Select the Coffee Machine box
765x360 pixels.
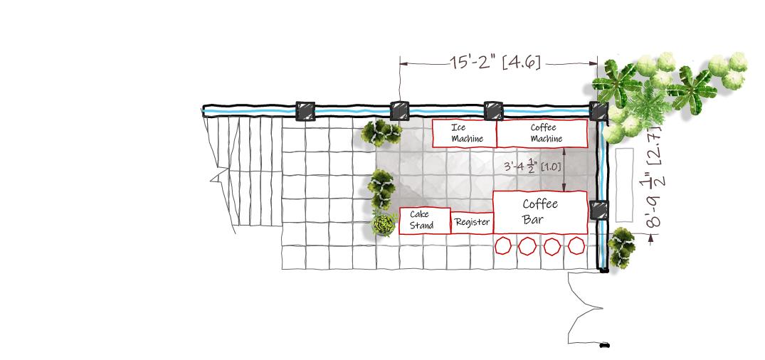[542, 133]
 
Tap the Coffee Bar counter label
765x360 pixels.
[540, 212]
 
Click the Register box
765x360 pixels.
[472, 223]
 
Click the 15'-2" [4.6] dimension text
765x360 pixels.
[495, 63]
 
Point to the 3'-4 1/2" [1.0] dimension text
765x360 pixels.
[532, 166]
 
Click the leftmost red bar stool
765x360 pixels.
[503, 247]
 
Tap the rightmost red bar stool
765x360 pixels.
[576, 247]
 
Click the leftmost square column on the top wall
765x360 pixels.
[305, 112]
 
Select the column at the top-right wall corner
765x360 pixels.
[598, 112]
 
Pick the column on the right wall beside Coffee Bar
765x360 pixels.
[600, 211]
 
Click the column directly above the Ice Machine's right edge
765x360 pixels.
[494, 111]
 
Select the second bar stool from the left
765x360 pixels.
[527, 247]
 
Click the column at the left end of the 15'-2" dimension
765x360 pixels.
[400, 112]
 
